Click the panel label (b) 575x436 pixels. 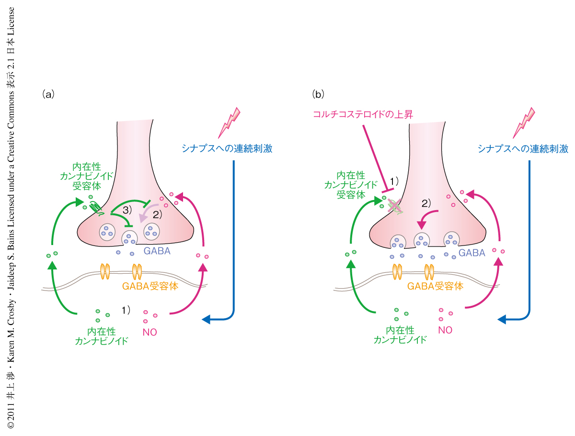point(318,94)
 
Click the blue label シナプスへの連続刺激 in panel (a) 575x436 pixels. point(227,148)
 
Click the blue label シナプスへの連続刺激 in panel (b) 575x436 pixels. point(523,148)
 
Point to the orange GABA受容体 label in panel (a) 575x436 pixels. point(144,286)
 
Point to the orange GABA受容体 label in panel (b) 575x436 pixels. point(435,286)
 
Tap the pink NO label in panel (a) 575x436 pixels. point(150,332)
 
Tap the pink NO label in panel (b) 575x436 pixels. point(445,330)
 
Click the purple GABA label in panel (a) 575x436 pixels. point(157,251)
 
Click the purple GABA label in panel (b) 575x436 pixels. point(472,253)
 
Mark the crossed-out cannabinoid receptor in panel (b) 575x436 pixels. point(395,206)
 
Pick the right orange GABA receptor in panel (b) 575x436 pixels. point(430,271)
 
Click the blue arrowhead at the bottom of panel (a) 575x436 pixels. point(206,319)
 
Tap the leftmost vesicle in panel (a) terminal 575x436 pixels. point(107,233)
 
